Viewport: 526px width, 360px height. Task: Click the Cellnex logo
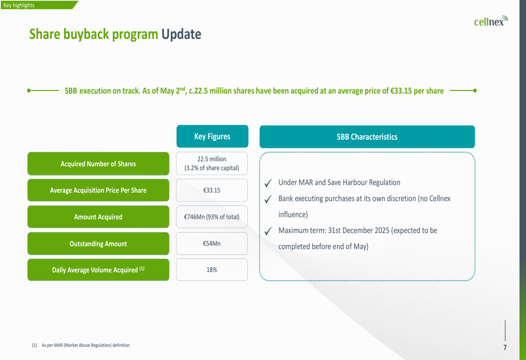click(x=491, y=21)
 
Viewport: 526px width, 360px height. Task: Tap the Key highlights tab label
click(x=19, y=5)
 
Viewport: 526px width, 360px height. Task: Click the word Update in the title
click(x=181, y=34)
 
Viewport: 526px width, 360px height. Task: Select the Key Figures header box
click(x=213, y=137)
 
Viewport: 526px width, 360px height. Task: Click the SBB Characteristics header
click(x=367, y=137)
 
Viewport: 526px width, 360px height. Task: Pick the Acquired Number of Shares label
click(x=98, y=163)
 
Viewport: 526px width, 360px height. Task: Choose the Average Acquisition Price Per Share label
click(x=98, y=190)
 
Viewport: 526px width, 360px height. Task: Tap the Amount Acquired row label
click(x=98, y=217)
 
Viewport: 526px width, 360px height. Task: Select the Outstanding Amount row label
click(x=98, y=244)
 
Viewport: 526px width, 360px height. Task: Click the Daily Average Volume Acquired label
click(x=98, y=270)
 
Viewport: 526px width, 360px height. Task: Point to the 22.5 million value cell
click(x=211, y=163)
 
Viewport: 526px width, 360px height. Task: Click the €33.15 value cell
click(x=211, y=190)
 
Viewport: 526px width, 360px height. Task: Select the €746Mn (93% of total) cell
click(x=211, y=217)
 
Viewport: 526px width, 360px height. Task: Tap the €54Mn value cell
click(x=211, y=243)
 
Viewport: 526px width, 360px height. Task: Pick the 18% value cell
click(x=211, y=270)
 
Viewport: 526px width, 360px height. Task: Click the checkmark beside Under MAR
click(x=268, y=183)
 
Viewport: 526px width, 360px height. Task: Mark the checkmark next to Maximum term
click(x=268, y=231)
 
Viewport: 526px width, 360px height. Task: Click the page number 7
click(x=505, y=347)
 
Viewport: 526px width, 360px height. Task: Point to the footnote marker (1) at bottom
click(x=34, y=345)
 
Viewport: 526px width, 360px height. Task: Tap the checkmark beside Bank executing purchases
click(x=268, y=199)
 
